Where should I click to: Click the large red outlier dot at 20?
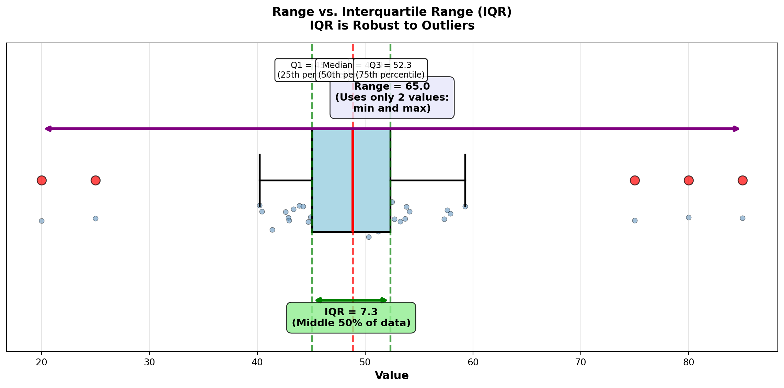[42, 180]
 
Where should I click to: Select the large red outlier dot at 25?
[95, 180]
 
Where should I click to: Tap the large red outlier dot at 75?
[635, 180]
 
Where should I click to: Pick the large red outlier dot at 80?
[689, 180]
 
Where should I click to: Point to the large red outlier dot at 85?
[742, 180]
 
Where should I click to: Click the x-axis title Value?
[392, 376]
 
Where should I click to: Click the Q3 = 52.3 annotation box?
[390, 70]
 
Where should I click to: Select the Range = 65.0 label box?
[392, 98]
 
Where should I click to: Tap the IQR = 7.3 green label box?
[351, 318]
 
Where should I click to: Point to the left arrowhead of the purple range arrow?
[48, 129]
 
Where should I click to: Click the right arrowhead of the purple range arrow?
[736, 129]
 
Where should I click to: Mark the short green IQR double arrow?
[351, 300]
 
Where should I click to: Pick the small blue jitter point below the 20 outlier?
[42, 221]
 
